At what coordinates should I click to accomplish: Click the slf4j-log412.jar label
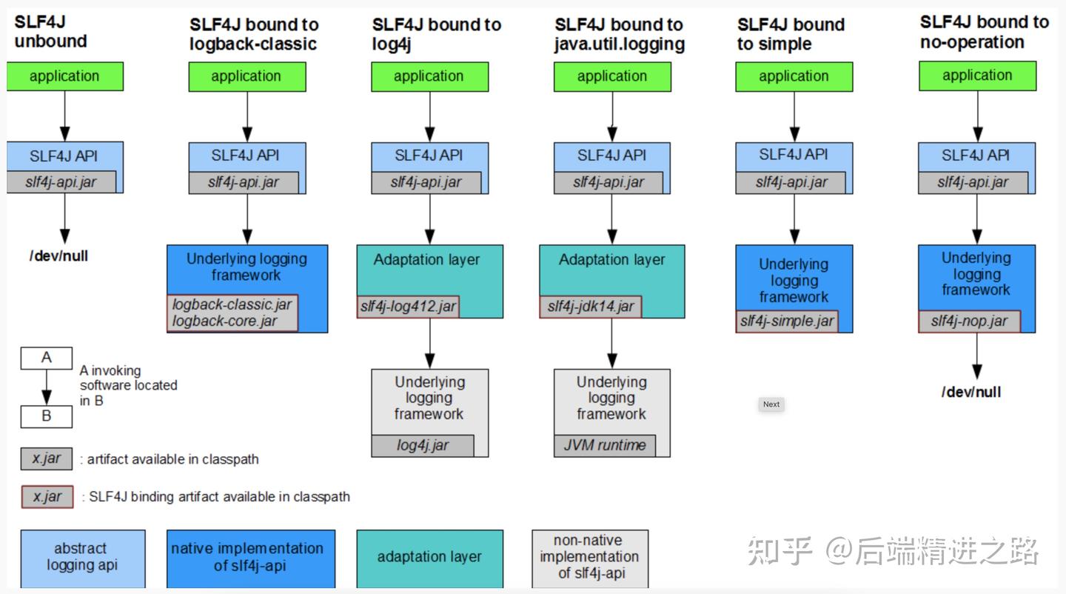point(408,307)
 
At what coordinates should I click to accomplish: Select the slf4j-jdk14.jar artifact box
point(590,307)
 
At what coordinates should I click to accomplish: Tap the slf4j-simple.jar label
point(787,321)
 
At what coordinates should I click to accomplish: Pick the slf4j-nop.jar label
point(969,321)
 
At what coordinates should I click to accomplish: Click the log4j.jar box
point(423,445)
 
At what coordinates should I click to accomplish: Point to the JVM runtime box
point(605,445)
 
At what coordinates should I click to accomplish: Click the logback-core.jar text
point(224,321)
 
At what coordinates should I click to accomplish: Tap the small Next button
point(771,404)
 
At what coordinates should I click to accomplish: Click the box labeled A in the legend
point(46,358)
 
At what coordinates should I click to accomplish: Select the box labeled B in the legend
point(46,416)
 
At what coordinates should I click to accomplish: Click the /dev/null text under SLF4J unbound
point(58,256)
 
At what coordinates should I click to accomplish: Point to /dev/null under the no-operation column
point(971,393)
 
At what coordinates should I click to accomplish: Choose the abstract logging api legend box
point(82,557)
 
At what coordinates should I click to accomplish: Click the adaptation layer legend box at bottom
point(429,557)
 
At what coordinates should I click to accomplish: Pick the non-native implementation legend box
point(589,557)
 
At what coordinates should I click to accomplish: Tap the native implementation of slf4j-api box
point(250,557)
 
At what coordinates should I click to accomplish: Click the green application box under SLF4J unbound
point(64,76)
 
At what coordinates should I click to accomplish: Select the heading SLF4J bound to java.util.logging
point(619,34)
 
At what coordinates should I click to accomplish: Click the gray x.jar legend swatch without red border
point(46,458)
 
